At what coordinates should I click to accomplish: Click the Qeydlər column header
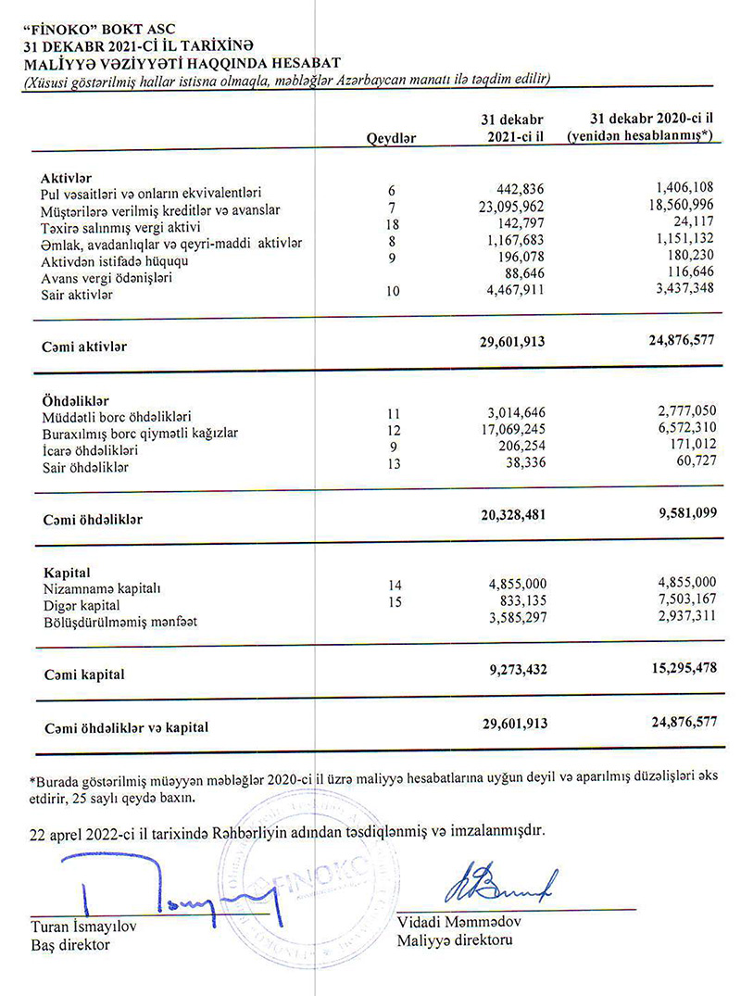pyautogui.click(x=392, y=137)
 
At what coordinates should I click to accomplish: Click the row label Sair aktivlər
pyautogui.click(x=77, y=295)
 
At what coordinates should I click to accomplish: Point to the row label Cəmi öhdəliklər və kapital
pyautogui.click(x=125, y=727)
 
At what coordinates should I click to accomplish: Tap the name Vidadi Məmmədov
pyautogui.click(x=455, y=924)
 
